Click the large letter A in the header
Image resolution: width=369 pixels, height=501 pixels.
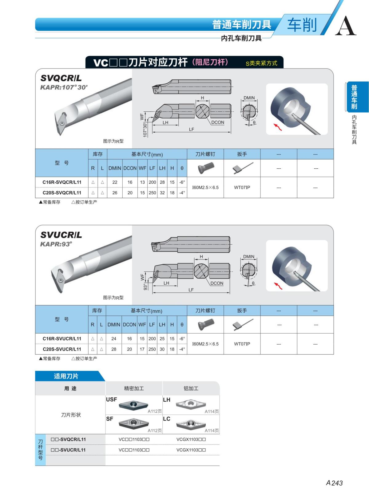pos(345,26)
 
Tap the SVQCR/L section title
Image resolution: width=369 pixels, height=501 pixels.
pos(61,78)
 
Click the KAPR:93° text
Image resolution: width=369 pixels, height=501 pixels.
pos(56,244)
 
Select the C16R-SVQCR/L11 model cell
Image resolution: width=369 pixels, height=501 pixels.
pos(62,182)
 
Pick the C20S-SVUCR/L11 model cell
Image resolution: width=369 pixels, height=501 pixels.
pos(62,349)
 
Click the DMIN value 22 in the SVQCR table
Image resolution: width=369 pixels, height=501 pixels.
pos(115,182)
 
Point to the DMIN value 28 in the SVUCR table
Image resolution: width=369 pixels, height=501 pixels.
pos(114,349)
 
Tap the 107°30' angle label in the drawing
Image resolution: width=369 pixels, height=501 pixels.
pos(145,129)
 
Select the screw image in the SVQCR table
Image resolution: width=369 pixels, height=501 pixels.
pos(205,168)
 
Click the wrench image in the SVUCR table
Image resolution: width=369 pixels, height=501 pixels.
pos(242,324)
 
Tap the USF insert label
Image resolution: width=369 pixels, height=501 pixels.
pos(111,399)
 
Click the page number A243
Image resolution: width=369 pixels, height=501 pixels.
pos(334,483)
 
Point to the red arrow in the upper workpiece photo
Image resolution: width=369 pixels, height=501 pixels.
pos(277,127)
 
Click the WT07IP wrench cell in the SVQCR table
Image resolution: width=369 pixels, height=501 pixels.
pos(242,187)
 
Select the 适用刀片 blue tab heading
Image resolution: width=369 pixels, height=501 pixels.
pos(66,376)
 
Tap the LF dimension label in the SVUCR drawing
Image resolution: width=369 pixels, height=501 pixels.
pos(191,290)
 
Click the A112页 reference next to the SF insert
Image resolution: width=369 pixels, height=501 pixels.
pos(155,431)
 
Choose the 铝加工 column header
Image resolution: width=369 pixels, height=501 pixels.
pos(191,388)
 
